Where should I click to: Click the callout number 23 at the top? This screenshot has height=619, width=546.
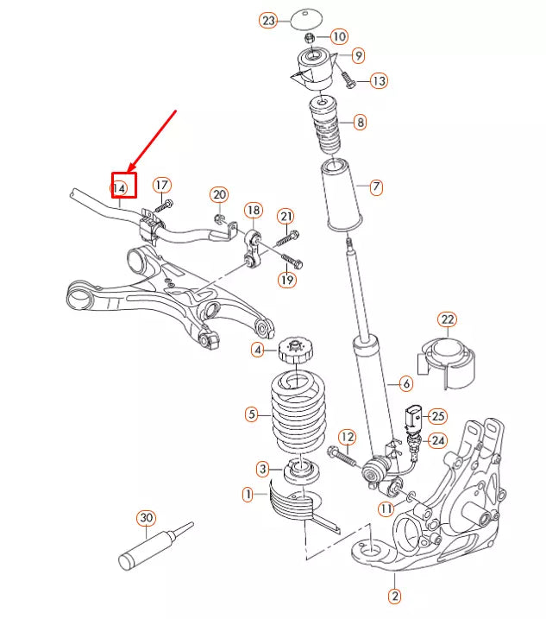[268, 20]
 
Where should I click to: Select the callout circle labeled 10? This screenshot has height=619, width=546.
[339, 36]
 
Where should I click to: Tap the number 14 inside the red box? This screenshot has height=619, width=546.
[122, 186]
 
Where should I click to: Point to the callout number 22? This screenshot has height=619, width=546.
[447, 320]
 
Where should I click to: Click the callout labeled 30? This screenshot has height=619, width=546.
[146, 518]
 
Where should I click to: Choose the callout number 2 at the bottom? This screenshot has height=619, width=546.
[394, 595]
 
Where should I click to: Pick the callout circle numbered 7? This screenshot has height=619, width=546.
[375, 186]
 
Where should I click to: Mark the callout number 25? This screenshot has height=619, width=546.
[438, 416]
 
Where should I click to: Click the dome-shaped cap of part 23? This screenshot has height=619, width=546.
[304, 18]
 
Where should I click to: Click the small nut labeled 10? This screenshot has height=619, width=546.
[310, 37]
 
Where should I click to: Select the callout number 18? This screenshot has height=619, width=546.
[253, 210]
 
